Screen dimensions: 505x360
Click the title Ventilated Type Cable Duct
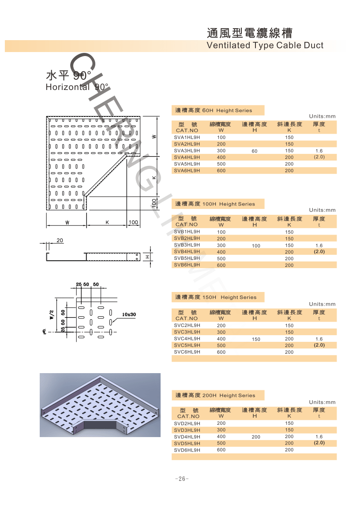tap(265, 45)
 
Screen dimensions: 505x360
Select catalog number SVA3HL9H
tap(187, 150)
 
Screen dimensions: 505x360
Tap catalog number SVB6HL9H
tap(187, 265)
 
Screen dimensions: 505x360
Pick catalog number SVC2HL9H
tap(187, 325)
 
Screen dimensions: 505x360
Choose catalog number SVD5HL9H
tap(187, 443)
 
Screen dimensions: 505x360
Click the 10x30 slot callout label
tap(129, 314)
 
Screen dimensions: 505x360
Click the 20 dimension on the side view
tap(60, 240)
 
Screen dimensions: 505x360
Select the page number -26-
tap(181, 479)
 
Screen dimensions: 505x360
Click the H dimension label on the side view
tap(149, 257)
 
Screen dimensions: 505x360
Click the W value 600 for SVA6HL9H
tap(221, 171)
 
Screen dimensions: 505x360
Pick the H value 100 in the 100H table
tap(256, 246)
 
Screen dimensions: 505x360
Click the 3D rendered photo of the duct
tap(100, 405)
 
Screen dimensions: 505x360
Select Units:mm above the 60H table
tap(322, 116)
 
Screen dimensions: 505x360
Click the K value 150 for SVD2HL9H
tap(289, 423)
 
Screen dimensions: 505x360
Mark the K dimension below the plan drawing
tap(107, 222)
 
